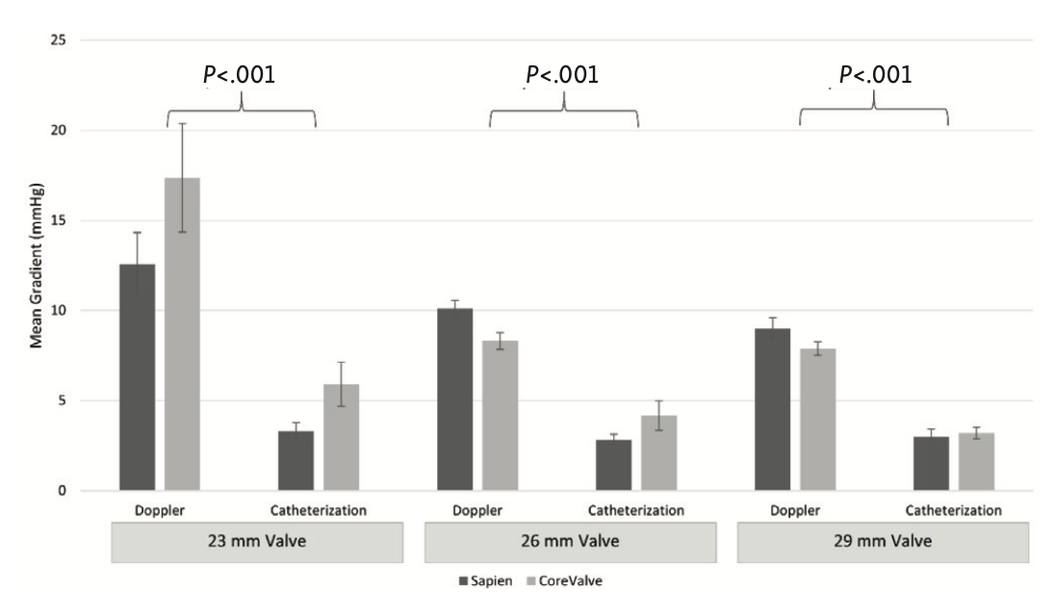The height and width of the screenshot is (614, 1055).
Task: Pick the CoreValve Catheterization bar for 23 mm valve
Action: click(341, 438)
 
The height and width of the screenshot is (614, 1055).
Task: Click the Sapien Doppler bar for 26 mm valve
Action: click(454, 399)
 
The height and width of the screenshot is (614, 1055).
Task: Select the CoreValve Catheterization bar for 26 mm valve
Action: click(658, 453)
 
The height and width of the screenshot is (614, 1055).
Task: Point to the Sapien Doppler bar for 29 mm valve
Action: click(772, 410)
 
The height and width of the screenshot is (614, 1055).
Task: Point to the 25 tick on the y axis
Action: click(60, 40)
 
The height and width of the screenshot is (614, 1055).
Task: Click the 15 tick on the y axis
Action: click(60, 220)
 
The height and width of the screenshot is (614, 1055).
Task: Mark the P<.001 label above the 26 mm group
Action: click(562, 75)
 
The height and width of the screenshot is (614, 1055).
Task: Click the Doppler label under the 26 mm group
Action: click(476, 510)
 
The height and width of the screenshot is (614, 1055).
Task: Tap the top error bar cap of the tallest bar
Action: click(182, 123)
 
